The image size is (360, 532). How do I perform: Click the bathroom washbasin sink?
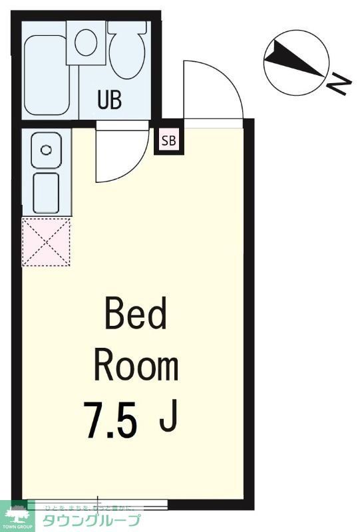pos(86,42)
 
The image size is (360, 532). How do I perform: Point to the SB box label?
pos(169,141)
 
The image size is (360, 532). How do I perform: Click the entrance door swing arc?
pos(212,90)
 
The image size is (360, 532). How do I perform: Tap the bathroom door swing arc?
pos(120,157)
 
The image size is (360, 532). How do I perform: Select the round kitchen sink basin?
pos(46,149)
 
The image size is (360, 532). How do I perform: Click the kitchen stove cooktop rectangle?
pos(47,192)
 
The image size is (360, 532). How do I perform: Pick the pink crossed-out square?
pos(46,242)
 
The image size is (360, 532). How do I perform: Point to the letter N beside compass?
pos(339,84)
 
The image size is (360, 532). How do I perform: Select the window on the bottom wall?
pos(100,504)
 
